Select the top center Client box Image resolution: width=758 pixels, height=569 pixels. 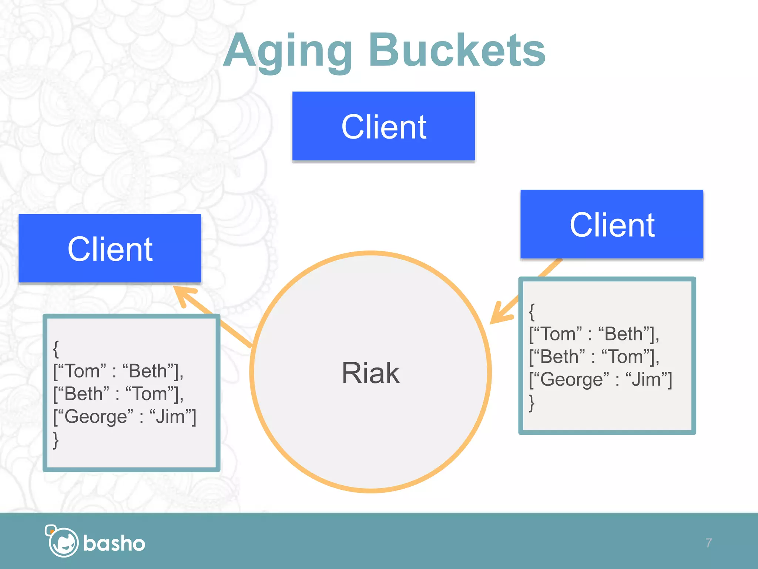(x=383, y=126)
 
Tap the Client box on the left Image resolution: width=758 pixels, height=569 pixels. (x=110, y=249)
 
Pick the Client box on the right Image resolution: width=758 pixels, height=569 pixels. (x=612, y=224)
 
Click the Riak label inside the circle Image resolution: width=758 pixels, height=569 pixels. (x=370, y=373)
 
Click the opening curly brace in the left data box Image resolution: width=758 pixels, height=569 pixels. (x=56, y=349)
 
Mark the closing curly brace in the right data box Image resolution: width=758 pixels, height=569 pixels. (x=531, y=403)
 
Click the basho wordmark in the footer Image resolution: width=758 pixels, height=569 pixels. (x=114, y=543)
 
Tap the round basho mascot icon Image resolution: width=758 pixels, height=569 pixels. (x=63, y=542)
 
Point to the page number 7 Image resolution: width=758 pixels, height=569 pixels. (x=708, y=543)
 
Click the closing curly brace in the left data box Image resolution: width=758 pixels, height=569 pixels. (x=56, y=440)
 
